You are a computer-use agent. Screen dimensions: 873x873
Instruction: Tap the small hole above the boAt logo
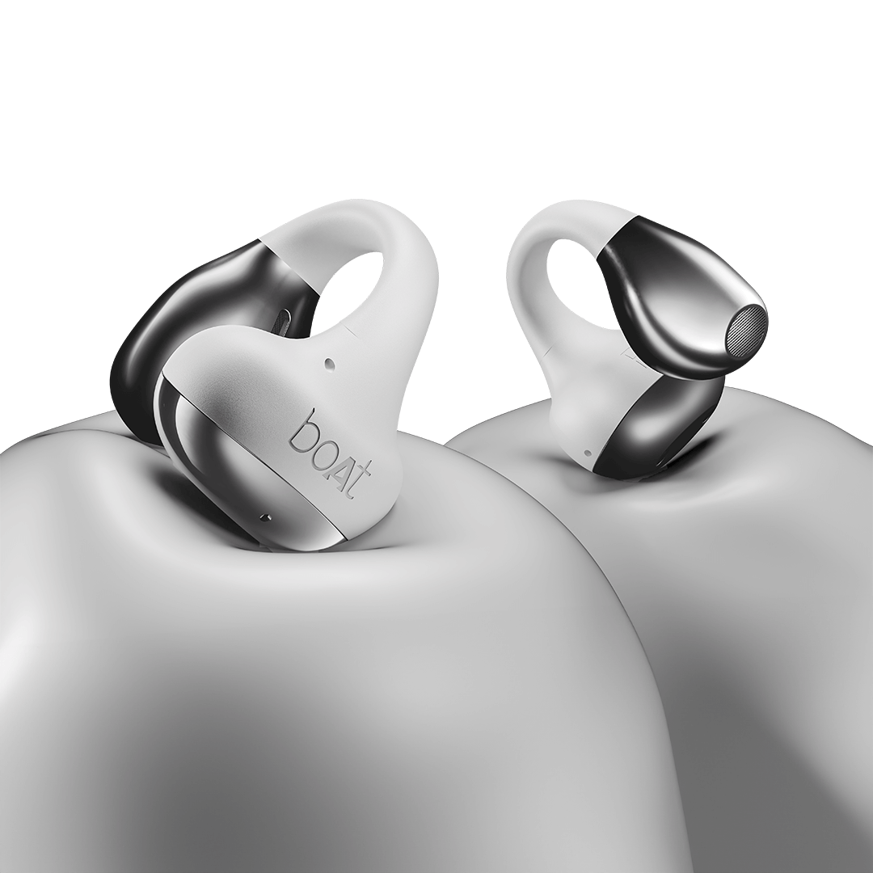tap(329, 364)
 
